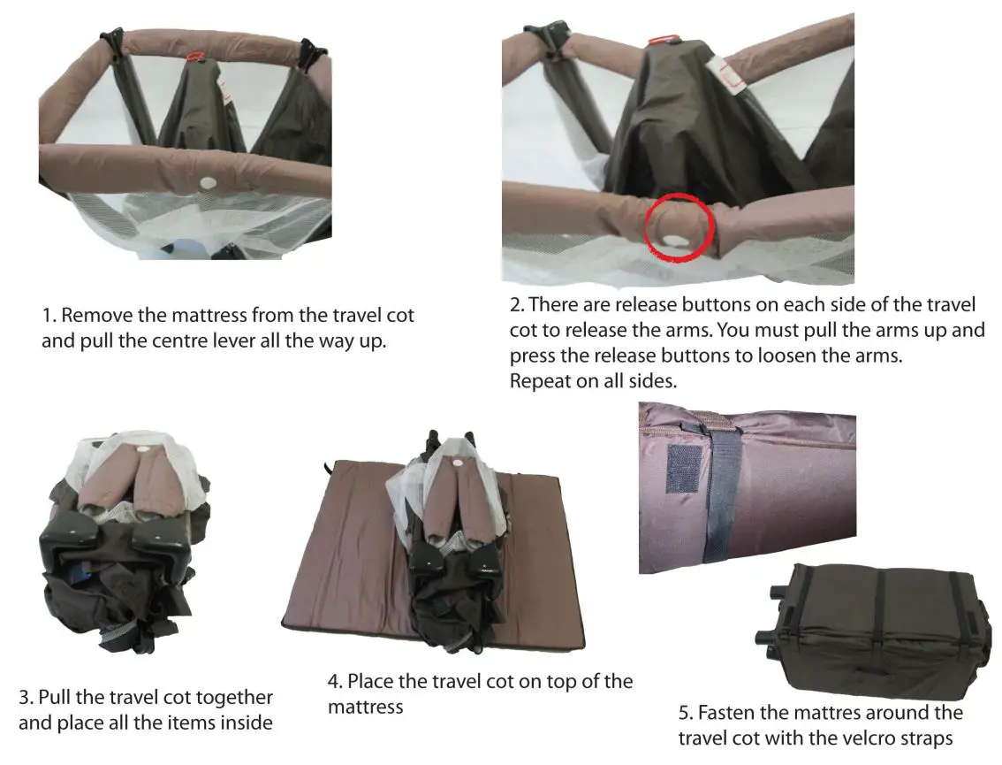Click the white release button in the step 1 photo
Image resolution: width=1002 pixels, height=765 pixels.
tap(209, 183)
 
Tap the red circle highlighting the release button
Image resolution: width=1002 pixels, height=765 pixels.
tap(677, 227)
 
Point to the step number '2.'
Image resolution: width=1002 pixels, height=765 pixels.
tap(517, 305)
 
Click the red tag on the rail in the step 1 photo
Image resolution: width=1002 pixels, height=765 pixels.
tap(199, 56)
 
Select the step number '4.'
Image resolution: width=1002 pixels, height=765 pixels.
tap(336, 682)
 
